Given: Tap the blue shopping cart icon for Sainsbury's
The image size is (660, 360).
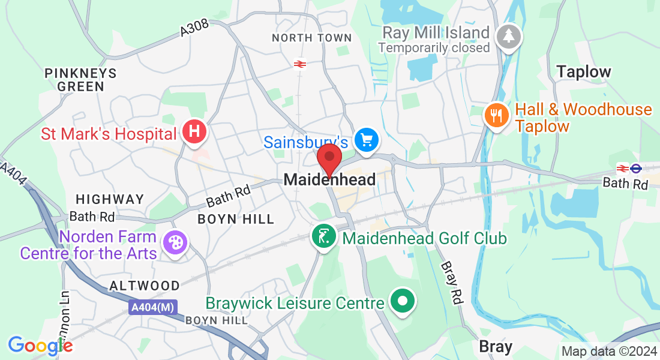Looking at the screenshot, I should click(367, 140).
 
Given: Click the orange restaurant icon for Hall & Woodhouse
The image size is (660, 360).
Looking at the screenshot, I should click(496, 115).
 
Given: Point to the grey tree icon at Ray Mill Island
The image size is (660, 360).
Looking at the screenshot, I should click(509, 35).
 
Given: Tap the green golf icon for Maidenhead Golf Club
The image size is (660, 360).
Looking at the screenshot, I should click(324, 237).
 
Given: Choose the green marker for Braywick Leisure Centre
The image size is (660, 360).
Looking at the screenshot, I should click(403, 302).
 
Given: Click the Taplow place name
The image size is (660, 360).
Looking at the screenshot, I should click(583, 72).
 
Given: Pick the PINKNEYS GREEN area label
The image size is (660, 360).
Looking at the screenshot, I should click(81, 80).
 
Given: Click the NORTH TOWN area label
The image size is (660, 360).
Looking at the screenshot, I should click(311, 38).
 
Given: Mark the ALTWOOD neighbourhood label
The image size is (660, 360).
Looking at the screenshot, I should click(145, 286).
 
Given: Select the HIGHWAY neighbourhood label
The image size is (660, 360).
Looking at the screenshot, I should click(110, 199).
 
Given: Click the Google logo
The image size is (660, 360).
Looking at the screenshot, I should click(40, 346).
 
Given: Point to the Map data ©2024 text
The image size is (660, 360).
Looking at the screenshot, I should click(608, 351).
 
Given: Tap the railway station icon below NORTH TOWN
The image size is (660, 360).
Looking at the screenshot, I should click(300, 64).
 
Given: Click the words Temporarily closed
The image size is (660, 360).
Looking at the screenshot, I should click(434, 47).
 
